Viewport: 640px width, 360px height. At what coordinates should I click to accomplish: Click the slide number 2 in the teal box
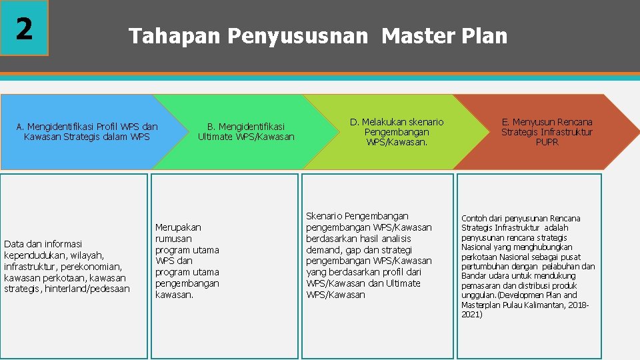(x=24, y=28)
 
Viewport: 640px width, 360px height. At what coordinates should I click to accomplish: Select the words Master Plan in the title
(x=444, y=35)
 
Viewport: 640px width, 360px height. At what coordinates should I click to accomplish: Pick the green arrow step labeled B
(x=245, y=131)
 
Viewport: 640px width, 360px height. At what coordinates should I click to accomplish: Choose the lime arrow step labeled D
(x=397, y=131)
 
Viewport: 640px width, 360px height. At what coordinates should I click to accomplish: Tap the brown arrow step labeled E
(x=547, y=131)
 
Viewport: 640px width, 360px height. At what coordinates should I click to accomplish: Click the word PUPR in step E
(x=547, y=142)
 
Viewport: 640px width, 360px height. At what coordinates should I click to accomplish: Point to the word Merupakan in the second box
(x=178, y=227)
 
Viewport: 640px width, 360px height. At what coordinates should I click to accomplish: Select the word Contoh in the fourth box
(x=474, y=219)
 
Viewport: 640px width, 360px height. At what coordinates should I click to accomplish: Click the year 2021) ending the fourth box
(x=471, y=314)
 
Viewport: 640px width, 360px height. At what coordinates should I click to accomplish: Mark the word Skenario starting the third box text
(x=324, y=216)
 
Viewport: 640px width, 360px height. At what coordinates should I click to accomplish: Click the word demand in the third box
(x=322, y=250)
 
